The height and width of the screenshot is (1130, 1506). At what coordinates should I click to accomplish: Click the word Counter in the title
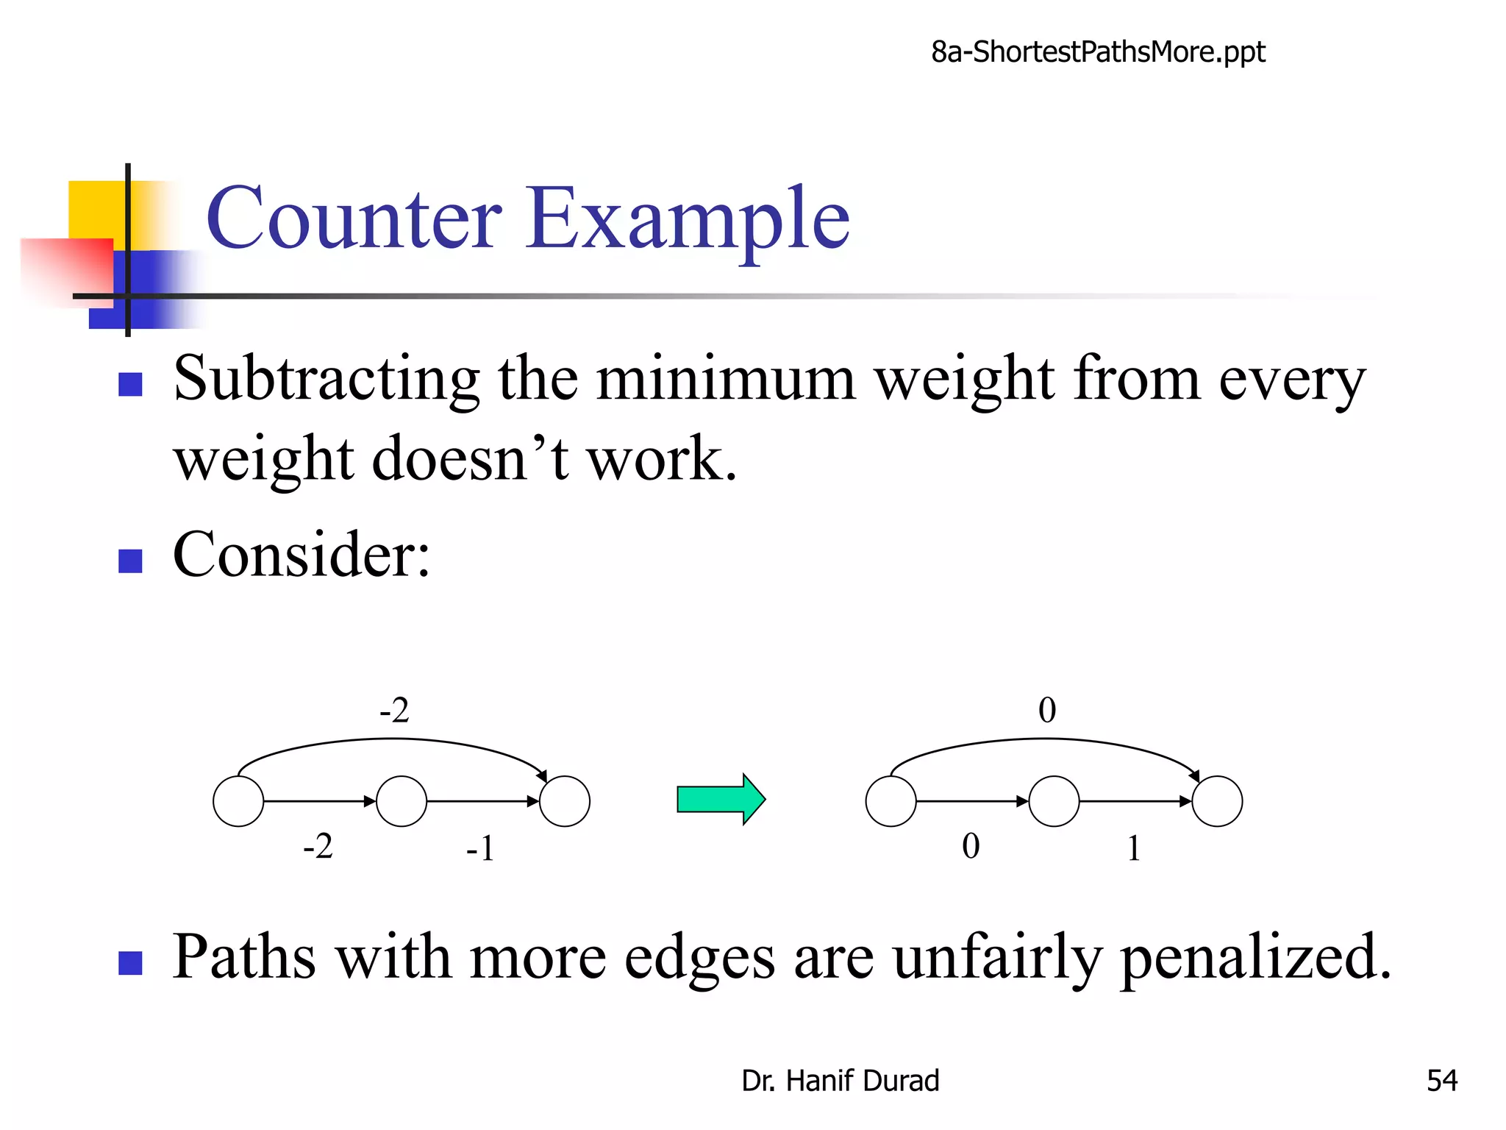tap(354, 218)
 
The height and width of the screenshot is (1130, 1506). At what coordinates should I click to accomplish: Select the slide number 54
tap(1441, 1081)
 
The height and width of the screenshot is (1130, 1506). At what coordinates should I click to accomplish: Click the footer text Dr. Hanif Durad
tap(840, 1081)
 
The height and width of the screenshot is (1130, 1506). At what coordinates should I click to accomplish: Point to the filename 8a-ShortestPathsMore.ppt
tap(1098, 52)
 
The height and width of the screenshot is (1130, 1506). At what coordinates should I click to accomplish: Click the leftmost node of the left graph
tap(238, 801)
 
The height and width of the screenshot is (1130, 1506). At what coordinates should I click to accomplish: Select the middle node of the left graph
tap(402, 801)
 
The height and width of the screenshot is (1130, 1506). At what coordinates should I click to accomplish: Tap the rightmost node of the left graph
tap(565, 801)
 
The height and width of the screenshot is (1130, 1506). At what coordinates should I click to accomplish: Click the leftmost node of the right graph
tap(891, 801)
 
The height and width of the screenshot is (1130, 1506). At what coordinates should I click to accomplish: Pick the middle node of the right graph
tap(1054, 801)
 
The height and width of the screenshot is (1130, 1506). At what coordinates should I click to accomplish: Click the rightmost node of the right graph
tap(1218, 801)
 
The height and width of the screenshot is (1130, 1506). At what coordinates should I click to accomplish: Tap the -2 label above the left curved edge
tap(394, 711)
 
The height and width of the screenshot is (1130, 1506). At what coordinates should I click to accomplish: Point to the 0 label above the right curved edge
tap(1047, 711)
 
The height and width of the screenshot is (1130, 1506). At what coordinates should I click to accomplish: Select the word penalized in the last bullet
tap(1255, 957)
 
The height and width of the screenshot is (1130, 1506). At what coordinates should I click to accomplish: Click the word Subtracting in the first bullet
tap(326, 380)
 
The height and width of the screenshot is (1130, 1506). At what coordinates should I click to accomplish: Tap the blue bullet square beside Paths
tap(130, 963)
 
